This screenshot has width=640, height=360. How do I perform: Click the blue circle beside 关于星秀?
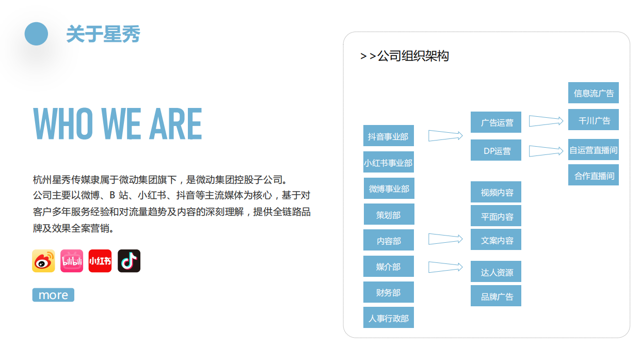[x=36, y=34]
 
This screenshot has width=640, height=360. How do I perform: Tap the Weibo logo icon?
[x=43, y=261]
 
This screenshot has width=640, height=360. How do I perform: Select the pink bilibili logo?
[x=72, y=261]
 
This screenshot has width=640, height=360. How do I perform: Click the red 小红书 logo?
[x=100, y=261]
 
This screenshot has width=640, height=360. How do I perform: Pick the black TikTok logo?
[x=129, y=261]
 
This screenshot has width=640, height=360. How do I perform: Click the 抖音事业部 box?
[x=388, y=136]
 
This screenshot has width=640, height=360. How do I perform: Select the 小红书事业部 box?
[x=388, y=163]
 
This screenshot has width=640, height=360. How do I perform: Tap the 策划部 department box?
[x=388, y=215]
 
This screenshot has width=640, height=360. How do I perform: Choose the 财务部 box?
[x=388, y=292]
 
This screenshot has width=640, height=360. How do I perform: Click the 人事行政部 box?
[x=388, y=318]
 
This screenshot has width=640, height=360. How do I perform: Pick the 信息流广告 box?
[x=594, y=93]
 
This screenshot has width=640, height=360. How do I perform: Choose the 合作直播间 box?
[x=594, y=176]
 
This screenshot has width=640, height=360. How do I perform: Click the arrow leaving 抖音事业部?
[x=445, y=136]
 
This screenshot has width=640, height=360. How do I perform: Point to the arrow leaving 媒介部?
[x=445, y=267]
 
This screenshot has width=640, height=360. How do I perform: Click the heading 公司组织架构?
[x=405, y=56]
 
